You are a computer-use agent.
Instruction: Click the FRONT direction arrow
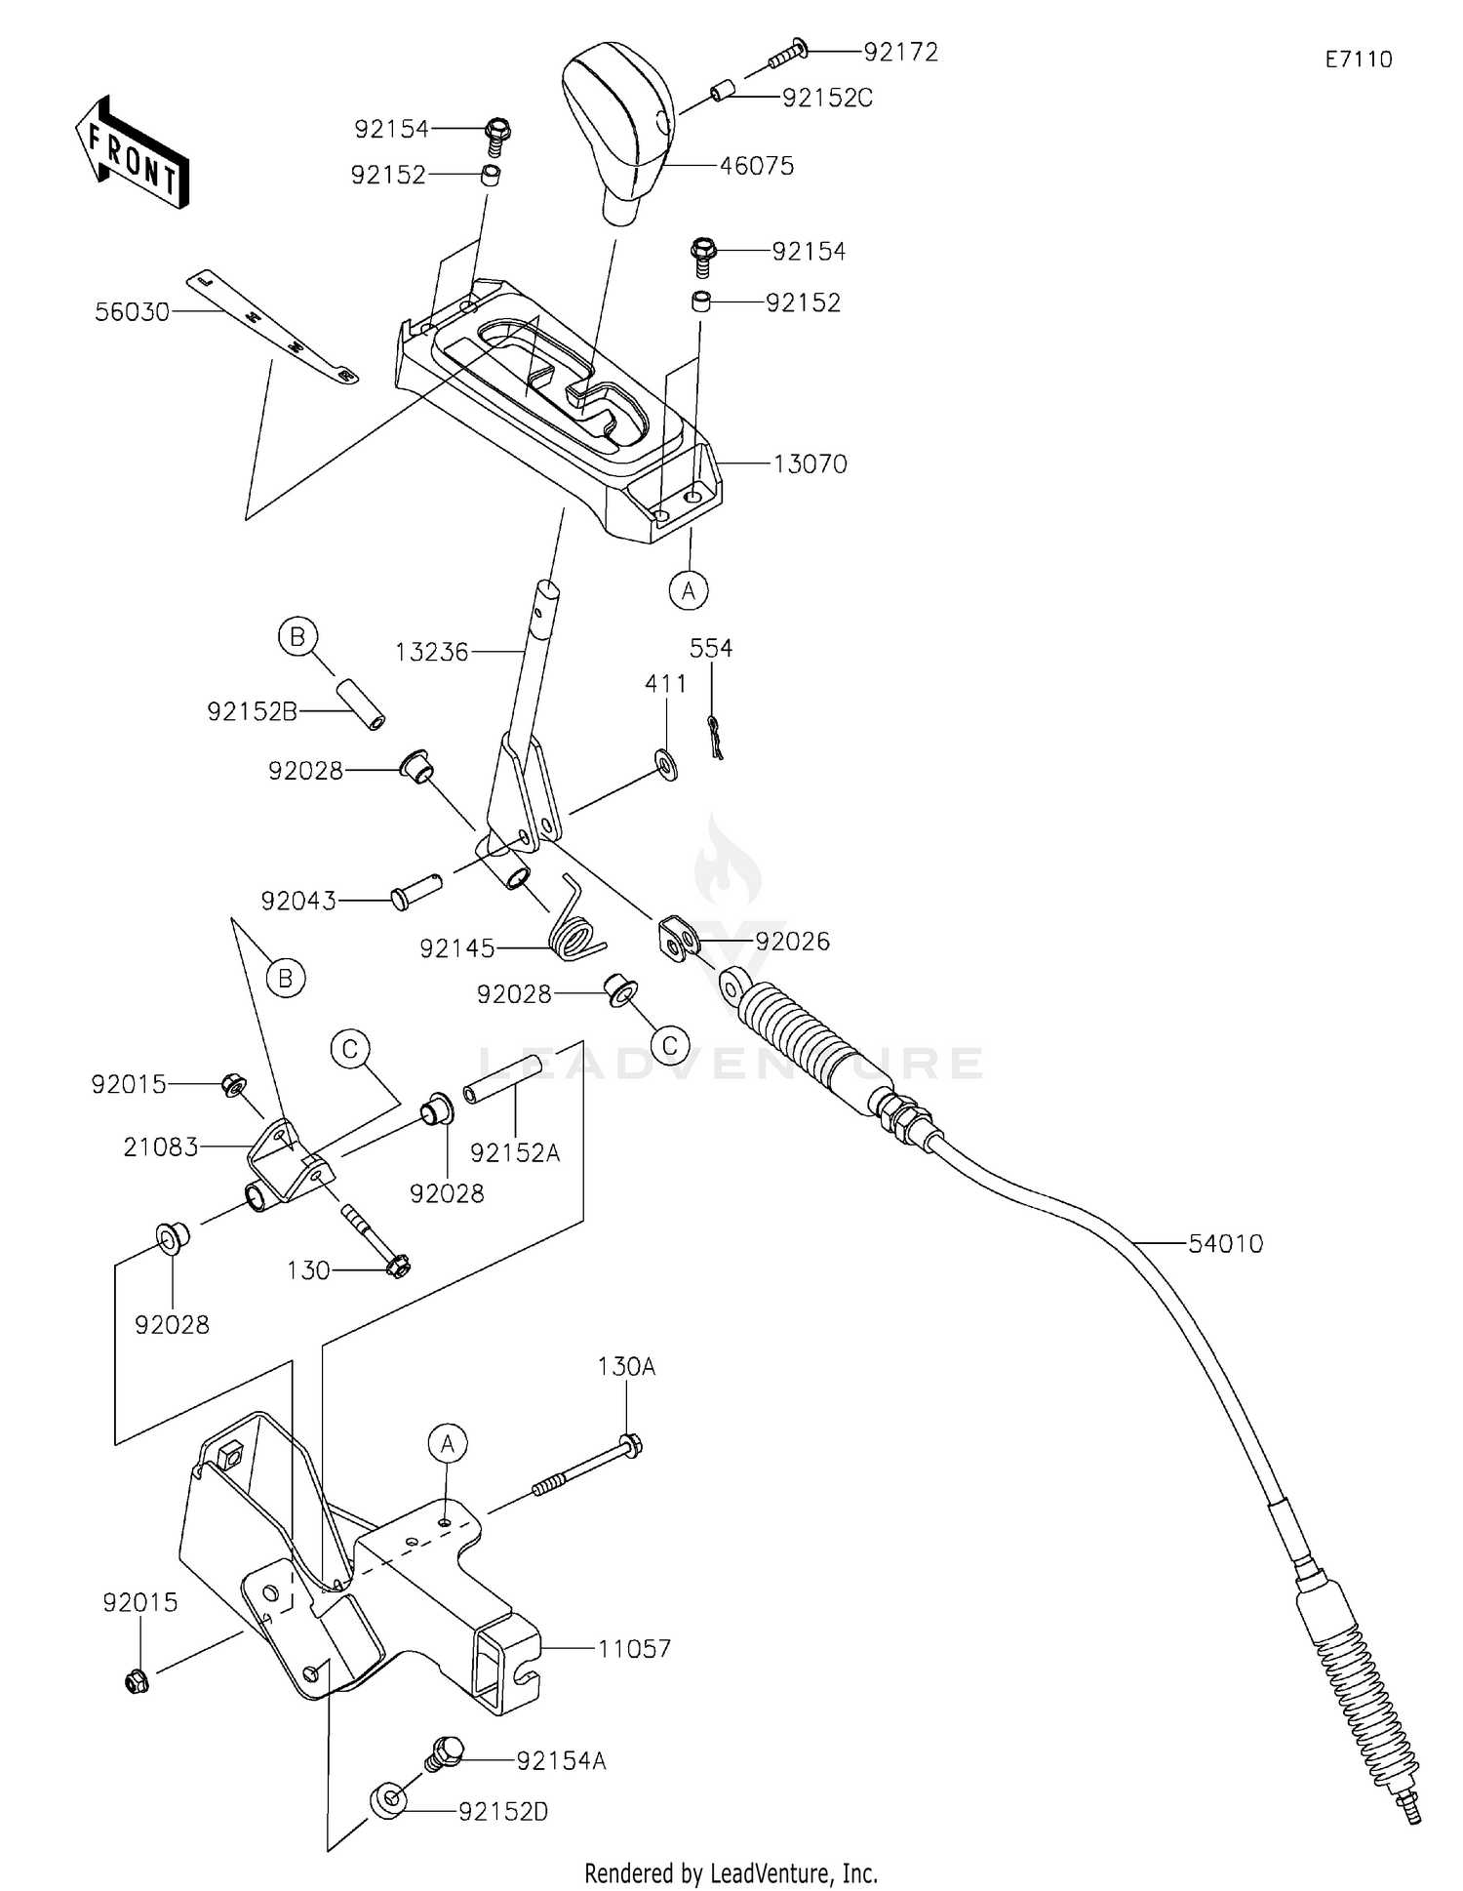pos(132,152)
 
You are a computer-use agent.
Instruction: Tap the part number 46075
pos(757,166)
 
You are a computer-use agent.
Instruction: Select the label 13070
pos(811,463)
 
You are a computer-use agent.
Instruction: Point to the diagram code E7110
pos(1359,60)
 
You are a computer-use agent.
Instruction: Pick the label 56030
pos(133,312)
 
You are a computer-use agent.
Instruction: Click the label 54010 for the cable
pos(1226,1243)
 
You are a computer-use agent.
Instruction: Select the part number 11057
pos(634,1648)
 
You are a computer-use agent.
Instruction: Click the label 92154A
pos(562,1760)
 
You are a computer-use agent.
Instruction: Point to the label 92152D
pos(503,1811)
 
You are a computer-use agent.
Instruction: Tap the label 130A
pos(626,1367)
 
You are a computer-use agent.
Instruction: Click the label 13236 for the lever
pos(432,652)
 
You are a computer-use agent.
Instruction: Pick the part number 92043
pos(298,901)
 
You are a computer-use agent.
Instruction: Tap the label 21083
pos(161,1147)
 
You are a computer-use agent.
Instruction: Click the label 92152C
pos(827,98)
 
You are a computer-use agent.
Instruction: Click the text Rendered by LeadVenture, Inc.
pos(731,1872)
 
